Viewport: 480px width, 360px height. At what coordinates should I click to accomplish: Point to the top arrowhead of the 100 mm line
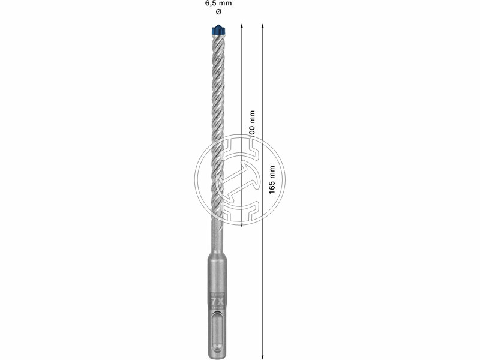(241, 27)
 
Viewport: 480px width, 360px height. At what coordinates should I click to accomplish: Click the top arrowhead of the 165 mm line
(263, 27)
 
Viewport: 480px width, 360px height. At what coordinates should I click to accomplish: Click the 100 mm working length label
(252, 126)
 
